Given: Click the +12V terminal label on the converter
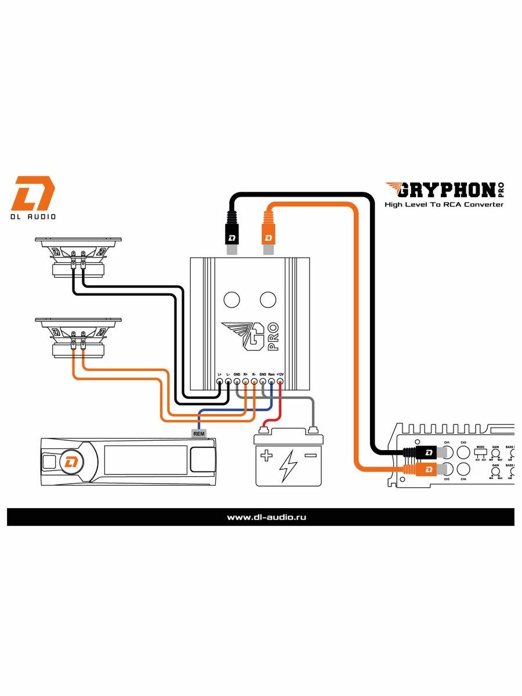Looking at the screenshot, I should [280, 375].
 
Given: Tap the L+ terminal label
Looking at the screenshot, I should [220, 375].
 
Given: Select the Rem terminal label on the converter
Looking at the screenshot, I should [271, 375].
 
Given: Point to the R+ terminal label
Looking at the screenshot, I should [245, 375].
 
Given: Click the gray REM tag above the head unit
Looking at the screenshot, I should [198, 433].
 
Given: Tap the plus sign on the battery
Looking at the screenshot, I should [266, 456].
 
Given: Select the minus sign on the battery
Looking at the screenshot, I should [310, 455].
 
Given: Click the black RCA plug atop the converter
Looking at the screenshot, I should [231, 232].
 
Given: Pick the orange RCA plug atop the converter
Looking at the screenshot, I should [269, 232].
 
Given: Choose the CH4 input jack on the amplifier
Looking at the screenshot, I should [463, 469].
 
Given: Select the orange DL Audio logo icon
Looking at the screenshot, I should [34, 193].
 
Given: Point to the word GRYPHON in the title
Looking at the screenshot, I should [445, 190].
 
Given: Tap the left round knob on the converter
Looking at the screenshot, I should [232, 299].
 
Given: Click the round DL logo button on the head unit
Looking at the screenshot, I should [72, 461].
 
